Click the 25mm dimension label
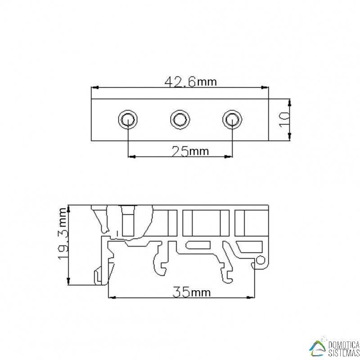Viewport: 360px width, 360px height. click(x=190, y=151)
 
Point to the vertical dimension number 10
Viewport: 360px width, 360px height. click(x=284, y=120)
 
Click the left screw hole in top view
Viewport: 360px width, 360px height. click(x=128, y=120)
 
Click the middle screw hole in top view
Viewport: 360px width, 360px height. click(x=180, y=120)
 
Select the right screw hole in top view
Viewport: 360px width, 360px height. click(x=232, y=120)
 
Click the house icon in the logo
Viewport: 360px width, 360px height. click(x=319, y=346)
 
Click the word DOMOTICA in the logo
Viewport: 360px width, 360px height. click(x=344, y=344)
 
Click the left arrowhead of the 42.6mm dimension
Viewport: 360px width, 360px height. click(x=94, y=88)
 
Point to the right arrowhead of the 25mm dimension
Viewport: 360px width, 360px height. click(x=229, y=157)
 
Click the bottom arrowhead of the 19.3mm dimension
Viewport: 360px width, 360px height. click(x=68, y=281)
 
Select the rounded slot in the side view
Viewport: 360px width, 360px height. click(x=198, y=245)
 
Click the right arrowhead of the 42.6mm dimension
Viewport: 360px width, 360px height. click(x=265, y=88)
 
